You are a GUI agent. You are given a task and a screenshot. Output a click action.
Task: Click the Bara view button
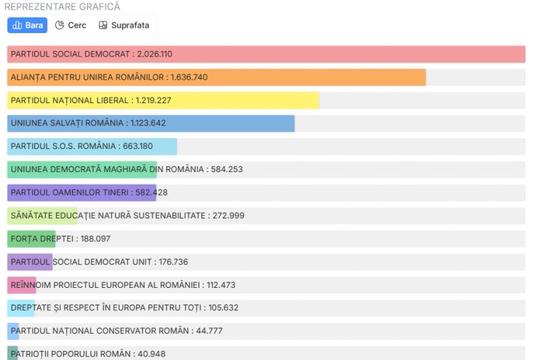[x=28, y=25]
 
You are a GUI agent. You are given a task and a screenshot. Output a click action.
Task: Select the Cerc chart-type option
[x=71, y=25]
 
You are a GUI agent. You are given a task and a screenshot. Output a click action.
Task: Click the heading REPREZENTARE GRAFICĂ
[x=62, y=6]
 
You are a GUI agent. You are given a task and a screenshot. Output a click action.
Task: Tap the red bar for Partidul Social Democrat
[x=337, y=54]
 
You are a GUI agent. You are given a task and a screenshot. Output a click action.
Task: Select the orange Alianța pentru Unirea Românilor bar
[x=303, y=77]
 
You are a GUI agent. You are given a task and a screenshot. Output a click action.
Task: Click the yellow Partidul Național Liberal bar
[x=236, y=100]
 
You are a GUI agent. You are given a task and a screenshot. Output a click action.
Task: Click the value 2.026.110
[x=154, y=54]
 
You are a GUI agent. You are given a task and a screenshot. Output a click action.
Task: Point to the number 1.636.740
[x=189, y=77]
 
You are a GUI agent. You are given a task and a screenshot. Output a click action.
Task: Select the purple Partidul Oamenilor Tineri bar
[x=81, y=193]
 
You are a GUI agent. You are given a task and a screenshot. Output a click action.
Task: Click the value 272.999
[x=228, y=216]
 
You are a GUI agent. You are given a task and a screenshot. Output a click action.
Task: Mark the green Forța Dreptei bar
[x=31, y=239]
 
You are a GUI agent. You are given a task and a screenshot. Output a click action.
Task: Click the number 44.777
[x=209, y=330]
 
